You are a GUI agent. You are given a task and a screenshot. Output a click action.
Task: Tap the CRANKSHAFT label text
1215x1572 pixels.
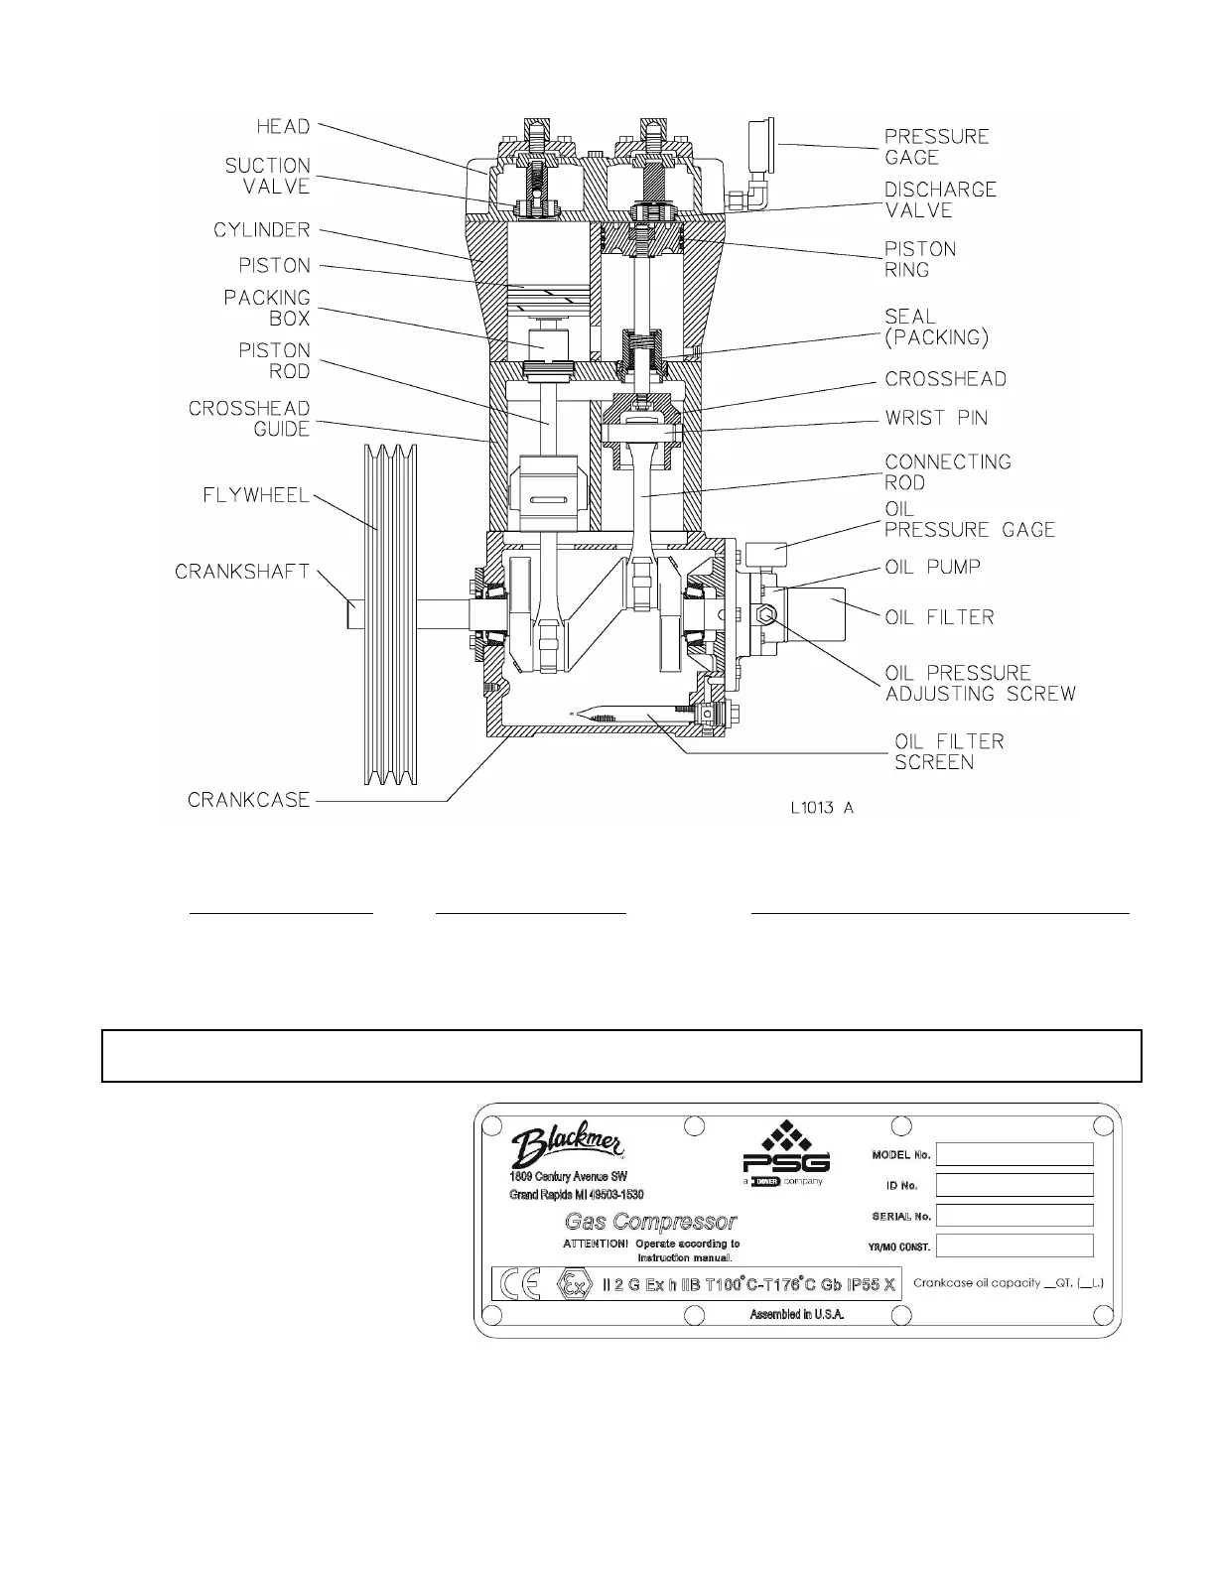[x=242, y=572]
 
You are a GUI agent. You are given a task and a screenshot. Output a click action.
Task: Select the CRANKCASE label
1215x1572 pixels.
[x=249, y=800]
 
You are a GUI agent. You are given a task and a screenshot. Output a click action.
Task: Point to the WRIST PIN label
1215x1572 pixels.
[x=936, y=418]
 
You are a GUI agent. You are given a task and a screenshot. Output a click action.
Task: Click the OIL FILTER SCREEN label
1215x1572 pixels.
[x=949, y=752]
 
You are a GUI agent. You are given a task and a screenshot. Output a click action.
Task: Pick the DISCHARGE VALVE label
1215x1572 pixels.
[x=940, y=199]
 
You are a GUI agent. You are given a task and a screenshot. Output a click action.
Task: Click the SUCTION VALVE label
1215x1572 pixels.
[x=267, y=176]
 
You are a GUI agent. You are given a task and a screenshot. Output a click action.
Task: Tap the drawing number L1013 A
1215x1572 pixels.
[x=822, y=808]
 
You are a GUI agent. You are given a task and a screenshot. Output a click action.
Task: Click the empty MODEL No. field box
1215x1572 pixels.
[x=1014, y=1154]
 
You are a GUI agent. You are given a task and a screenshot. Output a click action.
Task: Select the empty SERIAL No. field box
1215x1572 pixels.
[x=1014, y=1216]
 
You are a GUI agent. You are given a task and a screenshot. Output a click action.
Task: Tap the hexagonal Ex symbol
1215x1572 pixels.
[x=573, y=1285]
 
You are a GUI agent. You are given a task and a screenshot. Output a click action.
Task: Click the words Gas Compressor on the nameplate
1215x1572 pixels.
[x=650, y=1222]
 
